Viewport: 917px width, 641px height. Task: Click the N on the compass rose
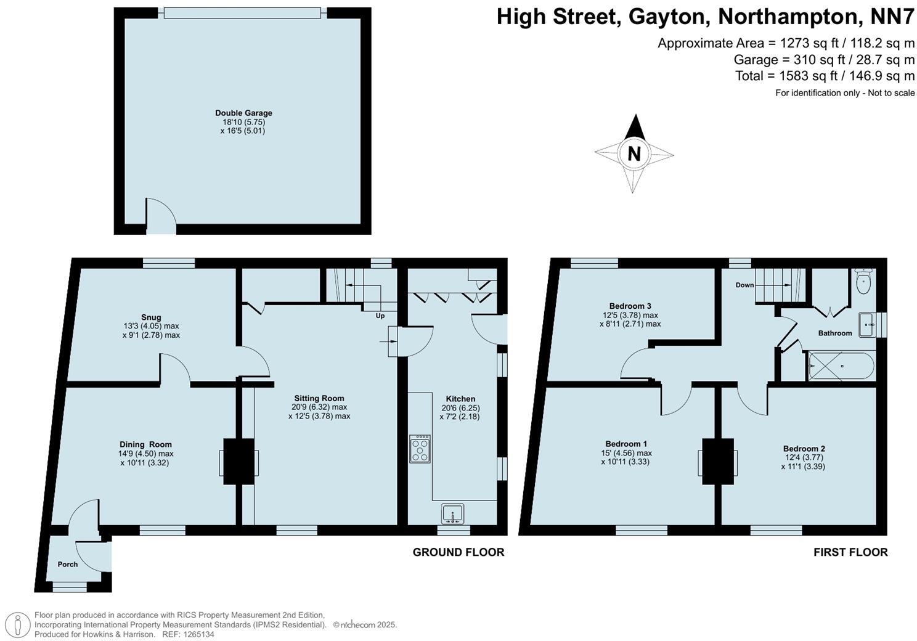pos(634,153)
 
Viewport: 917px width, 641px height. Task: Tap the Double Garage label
pos(243,113)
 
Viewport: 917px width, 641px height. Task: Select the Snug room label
pos(151,317)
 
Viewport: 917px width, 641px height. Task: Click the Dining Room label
pos(145,444)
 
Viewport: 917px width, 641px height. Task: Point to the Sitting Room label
pos(319,398)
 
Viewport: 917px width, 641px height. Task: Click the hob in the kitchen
pos(420,449)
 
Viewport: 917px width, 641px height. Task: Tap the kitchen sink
pos(453,513)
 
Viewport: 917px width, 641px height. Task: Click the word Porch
pos(68,564)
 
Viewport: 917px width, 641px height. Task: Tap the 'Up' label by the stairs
pos(380,316)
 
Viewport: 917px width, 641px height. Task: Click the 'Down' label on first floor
pos(744,285)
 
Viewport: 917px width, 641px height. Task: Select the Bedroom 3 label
pos(630,306)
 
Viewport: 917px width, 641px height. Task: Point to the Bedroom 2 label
pos(804,449)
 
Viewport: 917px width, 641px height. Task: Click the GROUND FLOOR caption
pos(458,552)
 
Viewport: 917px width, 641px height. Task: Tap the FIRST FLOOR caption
pos(850,552)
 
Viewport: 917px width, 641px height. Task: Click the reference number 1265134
pos(197,634)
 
